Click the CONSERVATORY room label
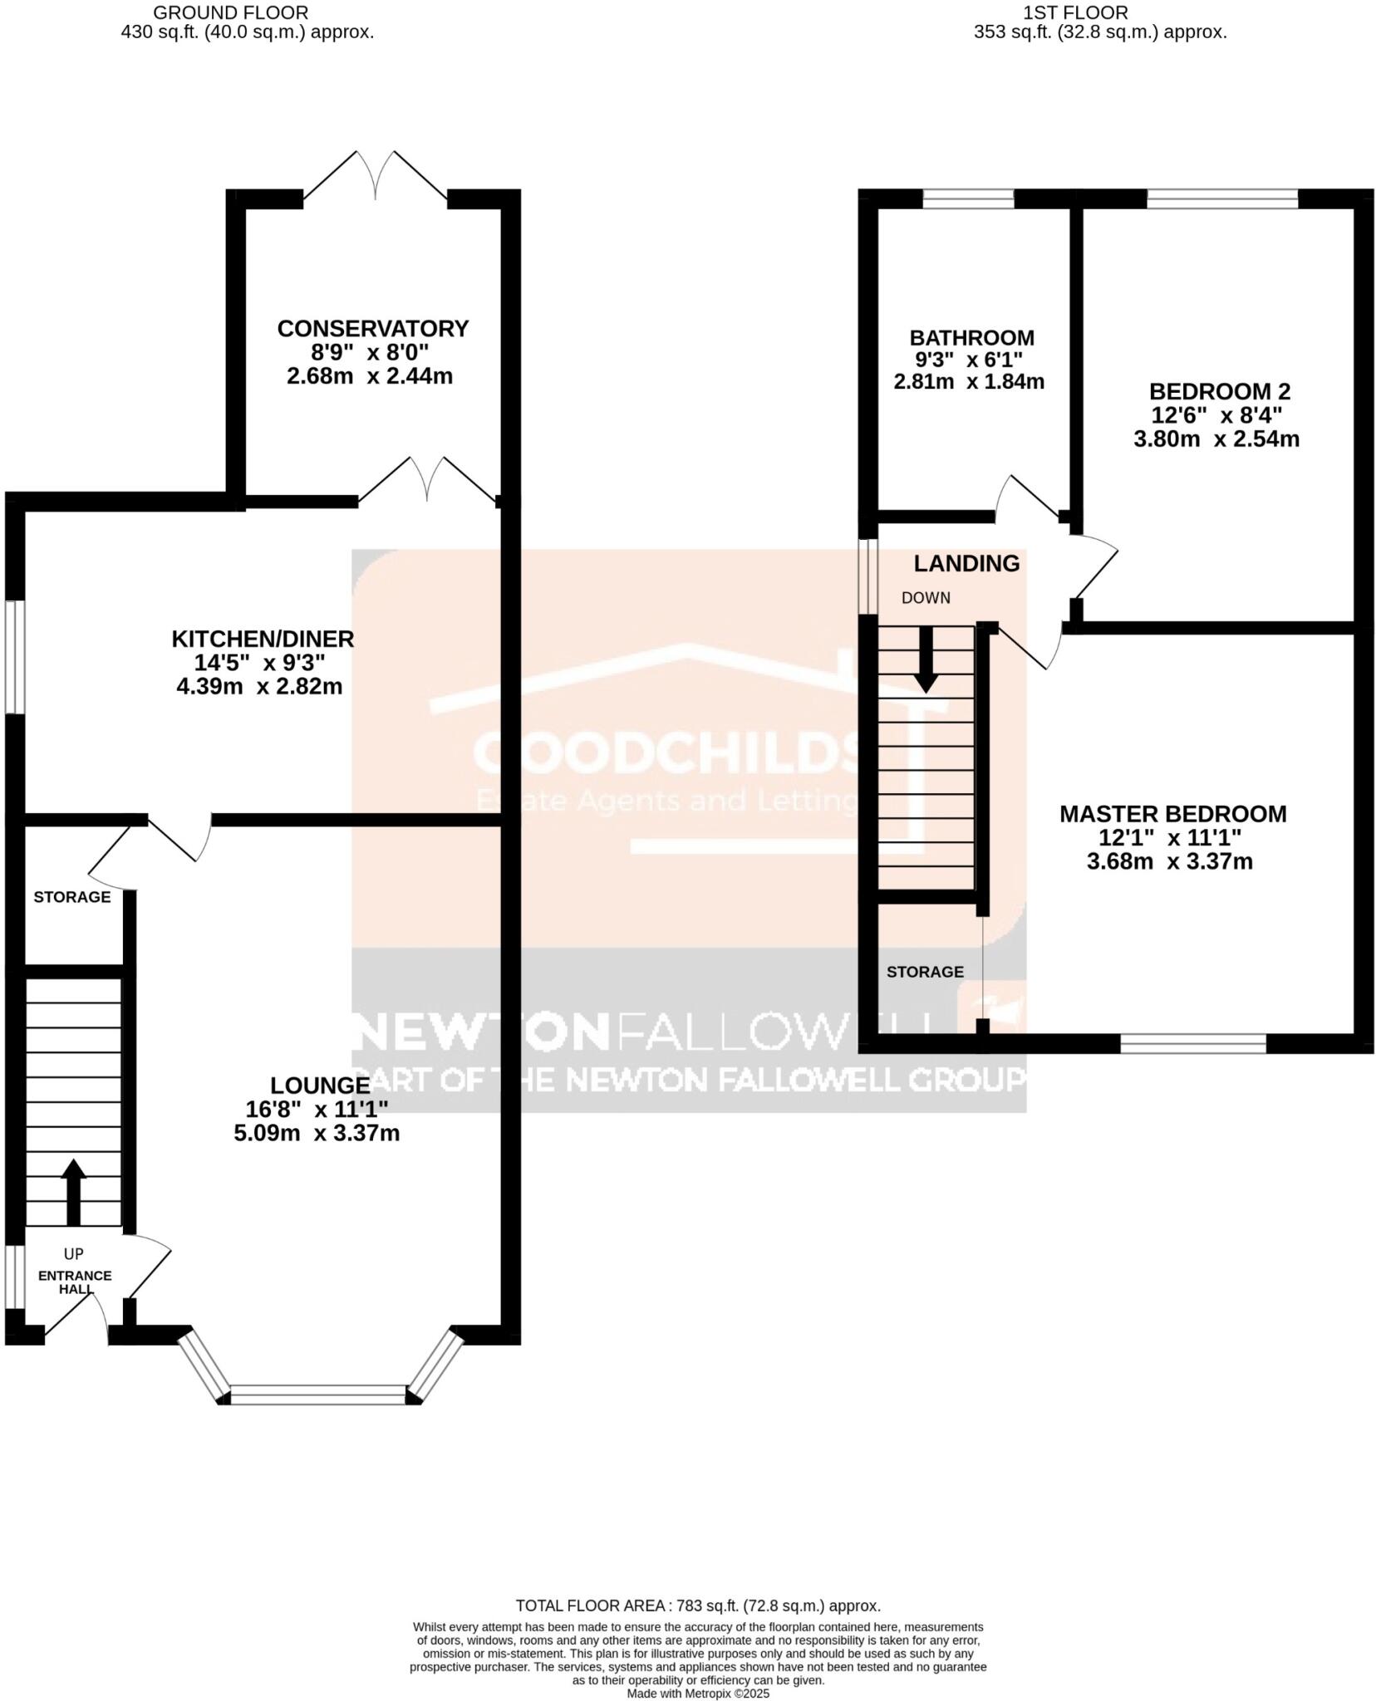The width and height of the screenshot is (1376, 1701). [x=372, y=329]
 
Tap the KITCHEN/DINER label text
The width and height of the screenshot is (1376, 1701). [x=263, y=639]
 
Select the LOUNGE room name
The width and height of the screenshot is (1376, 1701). [x=320, y=1085]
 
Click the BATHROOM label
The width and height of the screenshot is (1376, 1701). [x=971, y=338]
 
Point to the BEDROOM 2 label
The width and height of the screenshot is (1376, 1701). [x=1219, y=391]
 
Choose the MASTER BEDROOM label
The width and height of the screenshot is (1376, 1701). [x=1172, y=814]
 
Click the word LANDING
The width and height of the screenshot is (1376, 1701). [x=966, y=563]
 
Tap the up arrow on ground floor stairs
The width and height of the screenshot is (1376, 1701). [x=73, y=1192]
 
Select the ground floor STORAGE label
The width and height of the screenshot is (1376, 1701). [x=72, y=897]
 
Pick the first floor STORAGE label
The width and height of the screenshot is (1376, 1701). [x=925, y=972]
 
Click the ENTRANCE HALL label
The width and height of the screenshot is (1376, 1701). [x=74, y=1282]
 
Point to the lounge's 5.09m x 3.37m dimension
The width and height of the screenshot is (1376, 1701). [x=317, y=1133]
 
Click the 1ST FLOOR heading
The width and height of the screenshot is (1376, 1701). [x=1075, y=13]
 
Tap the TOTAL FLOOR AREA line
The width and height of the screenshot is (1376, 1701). [x=698, y=1605]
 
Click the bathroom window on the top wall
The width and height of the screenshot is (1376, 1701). [x=968, y=199]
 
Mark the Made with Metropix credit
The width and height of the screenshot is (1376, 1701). [x=698, y=1693]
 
